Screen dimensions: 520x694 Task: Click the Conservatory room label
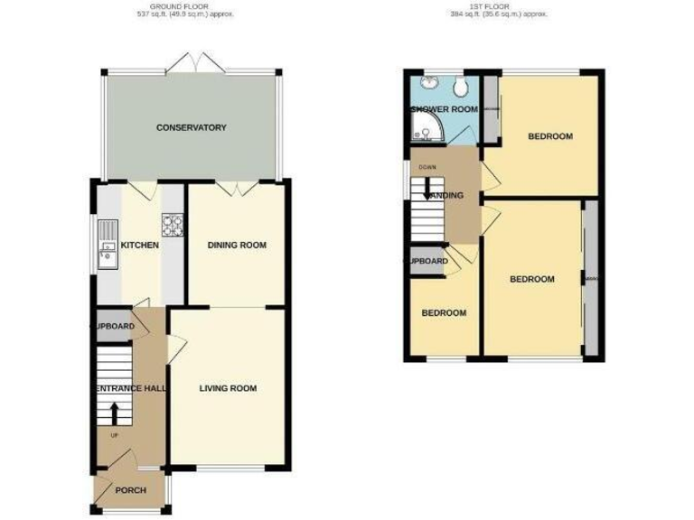(x=191, y=127)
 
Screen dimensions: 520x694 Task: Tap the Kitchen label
(x=140, y=245)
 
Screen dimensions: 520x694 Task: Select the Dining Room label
(x=237, y=245)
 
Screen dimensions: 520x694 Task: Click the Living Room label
(x=228, y=388)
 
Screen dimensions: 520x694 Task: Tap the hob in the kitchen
(x=172, y=222)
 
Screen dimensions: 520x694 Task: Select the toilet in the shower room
(x=462, y=87)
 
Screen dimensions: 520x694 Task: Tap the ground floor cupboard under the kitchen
(x=113, y=326)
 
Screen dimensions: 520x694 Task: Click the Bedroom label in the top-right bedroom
(x=550, y=136)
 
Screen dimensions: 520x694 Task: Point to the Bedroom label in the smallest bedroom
(x=444, y=313)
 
